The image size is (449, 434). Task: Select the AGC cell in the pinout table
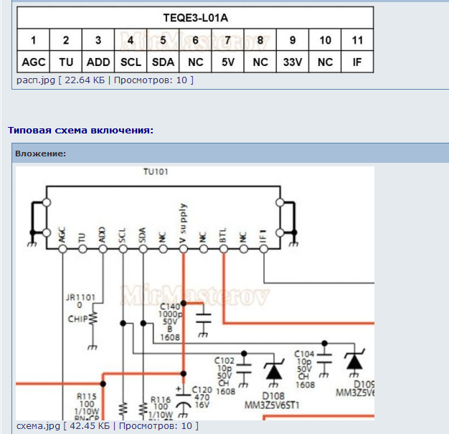[x=34, y=62]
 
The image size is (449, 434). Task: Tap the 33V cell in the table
[x=293, y=62]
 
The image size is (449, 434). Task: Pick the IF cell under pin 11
[x=357, y=62]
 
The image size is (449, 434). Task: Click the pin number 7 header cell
[x=228, y=39]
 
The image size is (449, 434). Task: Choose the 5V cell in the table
[x=228, y=62]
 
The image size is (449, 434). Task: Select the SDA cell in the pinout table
[x=164, y=62]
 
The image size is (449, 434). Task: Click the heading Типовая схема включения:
[x=80, y=130]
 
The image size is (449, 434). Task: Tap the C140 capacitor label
[x=170, y=306]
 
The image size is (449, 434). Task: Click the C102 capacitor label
[x=225, y=359]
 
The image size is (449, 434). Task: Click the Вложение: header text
[x=40, y=154]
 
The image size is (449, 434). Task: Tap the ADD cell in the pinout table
[x=98, y=62]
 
